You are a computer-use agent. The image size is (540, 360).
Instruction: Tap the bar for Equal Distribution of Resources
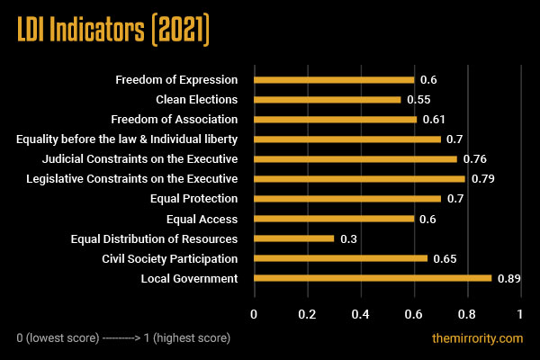(x=293, y=238)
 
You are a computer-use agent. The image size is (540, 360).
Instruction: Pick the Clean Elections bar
(x=327, y=100)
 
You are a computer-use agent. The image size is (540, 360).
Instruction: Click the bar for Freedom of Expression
(x=334, y=80)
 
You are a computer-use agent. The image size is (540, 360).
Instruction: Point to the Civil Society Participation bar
(x=340, y=258)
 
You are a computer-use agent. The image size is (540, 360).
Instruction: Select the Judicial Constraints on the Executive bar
(x=355, y=159)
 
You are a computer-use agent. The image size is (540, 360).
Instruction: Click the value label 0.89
(x=509, y=278)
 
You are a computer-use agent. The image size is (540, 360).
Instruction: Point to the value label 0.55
(x=418, y=100)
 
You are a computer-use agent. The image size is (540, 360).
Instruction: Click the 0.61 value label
(x=434, y=120)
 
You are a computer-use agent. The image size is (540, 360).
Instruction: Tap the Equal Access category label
(x=202, y=219)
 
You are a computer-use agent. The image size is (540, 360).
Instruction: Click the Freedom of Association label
(x=174, y=120)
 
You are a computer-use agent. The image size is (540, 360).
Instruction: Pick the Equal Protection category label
(x=193, y=199)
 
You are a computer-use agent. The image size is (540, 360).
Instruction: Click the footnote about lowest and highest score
(x=123, y=338)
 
